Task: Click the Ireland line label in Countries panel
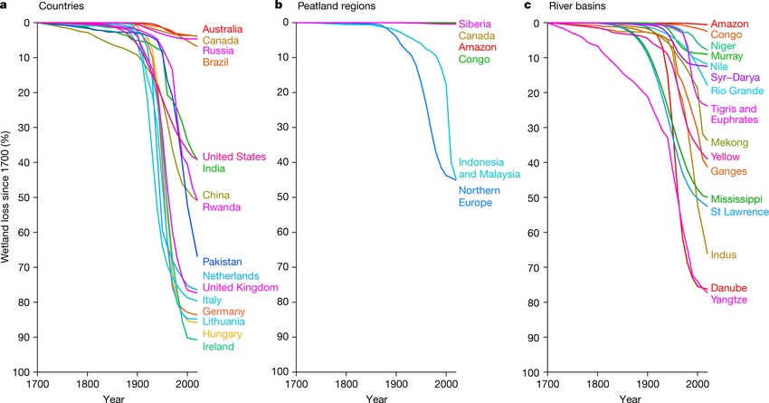[219, 346]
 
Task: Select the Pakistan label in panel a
[223, 262]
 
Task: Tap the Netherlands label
[231, 275]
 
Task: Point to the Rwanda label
[222, 207]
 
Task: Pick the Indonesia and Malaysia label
[489, 168]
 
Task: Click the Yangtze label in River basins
[729, 300]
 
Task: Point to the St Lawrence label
[739, 212]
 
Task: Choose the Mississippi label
[736, 198]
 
